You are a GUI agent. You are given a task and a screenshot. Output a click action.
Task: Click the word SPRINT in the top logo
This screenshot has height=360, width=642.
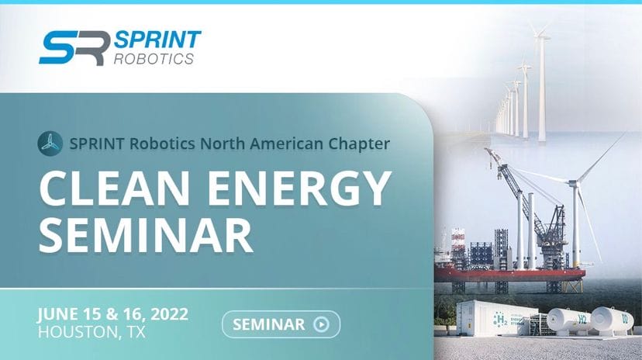pos(157,40)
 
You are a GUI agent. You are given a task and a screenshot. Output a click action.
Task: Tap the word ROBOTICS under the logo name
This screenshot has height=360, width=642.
pos(154,59)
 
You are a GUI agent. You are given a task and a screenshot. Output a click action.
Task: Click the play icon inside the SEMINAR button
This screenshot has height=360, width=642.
pos(321,324)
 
